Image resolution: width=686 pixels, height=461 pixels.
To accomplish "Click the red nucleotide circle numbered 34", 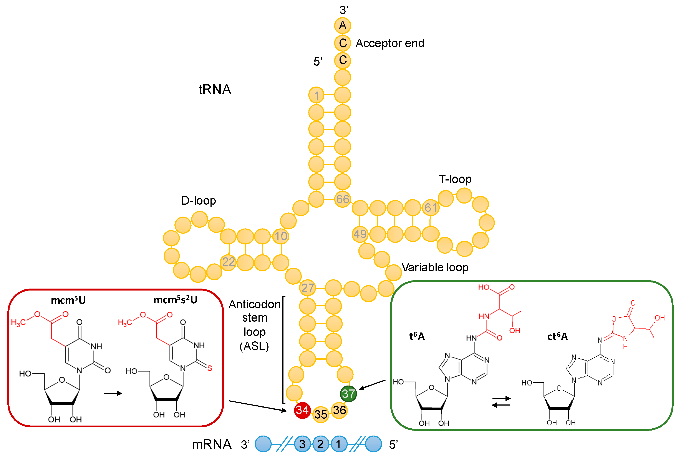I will tap(302, 410).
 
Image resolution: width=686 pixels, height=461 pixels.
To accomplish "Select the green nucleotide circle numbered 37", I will tap(348, 394).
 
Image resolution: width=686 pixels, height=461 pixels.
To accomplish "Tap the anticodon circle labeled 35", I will tap(321, 414).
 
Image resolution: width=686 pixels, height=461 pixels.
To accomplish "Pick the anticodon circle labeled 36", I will tap(339, 410).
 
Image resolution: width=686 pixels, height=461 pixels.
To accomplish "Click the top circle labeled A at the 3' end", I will tap(342, 25).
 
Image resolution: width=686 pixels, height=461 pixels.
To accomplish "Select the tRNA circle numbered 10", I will tap(281, 236).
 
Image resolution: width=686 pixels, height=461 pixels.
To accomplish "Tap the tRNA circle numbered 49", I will tap(360, 234).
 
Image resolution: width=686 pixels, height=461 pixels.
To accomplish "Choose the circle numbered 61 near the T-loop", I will tap(431, 208).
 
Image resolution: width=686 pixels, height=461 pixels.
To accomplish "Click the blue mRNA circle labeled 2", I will tap(320, 444).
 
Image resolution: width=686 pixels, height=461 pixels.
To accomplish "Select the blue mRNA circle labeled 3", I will tap(302, 444).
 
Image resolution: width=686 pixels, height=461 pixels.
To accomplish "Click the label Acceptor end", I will tap(390, 43).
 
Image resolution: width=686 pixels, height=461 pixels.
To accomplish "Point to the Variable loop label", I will tap(435, 267).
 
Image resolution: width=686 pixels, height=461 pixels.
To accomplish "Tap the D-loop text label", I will tap(199, 200).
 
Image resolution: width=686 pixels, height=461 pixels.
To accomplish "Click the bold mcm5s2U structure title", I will tap(175, 300).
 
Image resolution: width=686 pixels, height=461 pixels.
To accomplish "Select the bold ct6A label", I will tap(557, 336).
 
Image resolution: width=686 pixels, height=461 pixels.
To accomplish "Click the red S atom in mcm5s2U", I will tap(209, 368).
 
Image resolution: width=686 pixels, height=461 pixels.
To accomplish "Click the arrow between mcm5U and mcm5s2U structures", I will tap(113, 393).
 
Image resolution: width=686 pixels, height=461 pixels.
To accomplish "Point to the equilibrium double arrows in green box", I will tap(501, 402).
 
